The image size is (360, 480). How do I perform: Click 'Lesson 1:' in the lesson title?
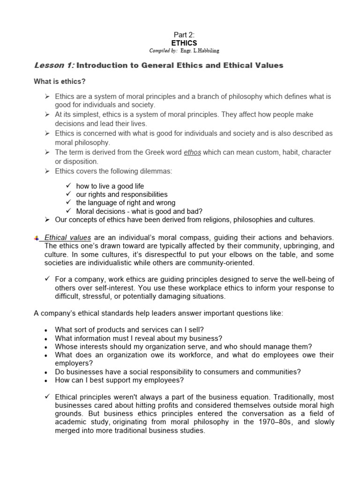(x=52, y=65)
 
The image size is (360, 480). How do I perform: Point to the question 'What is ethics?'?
(x=60, y=82)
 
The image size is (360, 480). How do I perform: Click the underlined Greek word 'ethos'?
(x=192, y=152)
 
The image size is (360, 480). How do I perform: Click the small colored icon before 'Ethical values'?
(x=37, y=238)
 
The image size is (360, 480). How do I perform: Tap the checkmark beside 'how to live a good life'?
(x=68, y=186)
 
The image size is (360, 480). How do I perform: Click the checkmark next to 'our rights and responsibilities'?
(x=68, y=194)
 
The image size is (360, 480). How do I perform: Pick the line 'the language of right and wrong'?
(x=126, y=202)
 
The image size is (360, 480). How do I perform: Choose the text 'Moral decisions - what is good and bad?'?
(x=139, y=211)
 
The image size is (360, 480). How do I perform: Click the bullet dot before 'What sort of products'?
(x=45, y=330)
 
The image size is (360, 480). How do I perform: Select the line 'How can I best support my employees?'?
(x=120, y=380)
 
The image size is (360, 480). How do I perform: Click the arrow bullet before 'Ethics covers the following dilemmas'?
(x=47, y=171)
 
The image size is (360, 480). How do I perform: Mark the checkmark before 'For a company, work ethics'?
(x=47, y=278)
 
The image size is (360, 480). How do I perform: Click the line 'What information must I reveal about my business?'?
(x=139, y=338)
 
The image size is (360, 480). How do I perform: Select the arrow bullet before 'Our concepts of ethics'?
(x=47, y=219)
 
